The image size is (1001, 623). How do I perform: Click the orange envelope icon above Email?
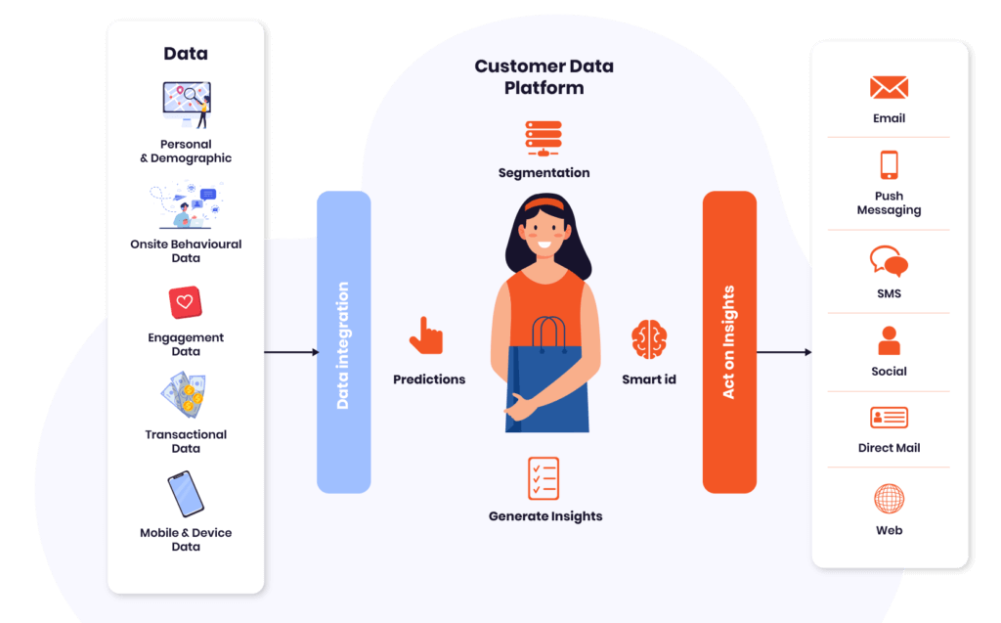pos(889,88)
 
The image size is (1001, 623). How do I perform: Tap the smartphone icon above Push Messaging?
pos(889,164)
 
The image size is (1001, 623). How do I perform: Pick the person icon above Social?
pos(889,341)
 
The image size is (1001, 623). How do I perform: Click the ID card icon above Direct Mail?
pos(889,418)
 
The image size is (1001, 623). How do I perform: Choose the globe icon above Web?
pos(889,499)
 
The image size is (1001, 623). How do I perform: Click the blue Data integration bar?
pos(343,342)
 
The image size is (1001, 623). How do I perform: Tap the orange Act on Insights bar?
pos(729,342)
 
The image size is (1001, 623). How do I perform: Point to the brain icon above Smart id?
pos(648,339)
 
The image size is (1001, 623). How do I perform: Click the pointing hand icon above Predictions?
pos(426,335)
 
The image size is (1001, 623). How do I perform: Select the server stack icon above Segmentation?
pos(544,137)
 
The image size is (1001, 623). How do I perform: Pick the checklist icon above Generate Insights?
pos(544,478)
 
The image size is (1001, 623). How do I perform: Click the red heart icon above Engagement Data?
pos(185,303)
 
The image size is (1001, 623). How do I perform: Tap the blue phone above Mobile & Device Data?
pos(186,494)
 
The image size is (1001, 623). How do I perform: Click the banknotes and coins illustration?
pos(185,395)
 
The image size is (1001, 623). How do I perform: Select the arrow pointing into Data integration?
pos(291,352)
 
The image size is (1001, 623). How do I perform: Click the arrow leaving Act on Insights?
pos(784,352)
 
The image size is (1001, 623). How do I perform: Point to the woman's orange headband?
pos(544,204)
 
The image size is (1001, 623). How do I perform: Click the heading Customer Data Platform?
pos(544,77)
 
